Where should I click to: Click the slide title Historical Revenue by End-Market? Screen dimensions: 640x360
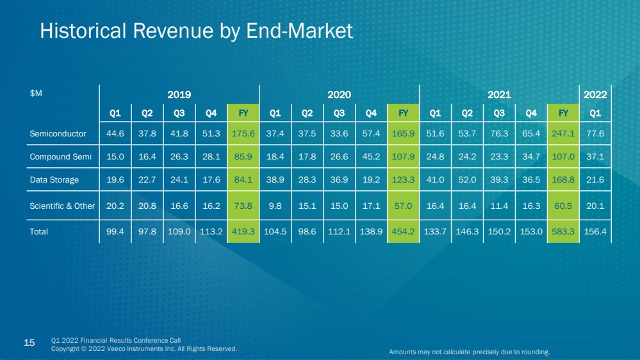point(196,31)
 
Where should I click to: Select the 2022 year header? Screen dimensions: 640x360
point(595,95)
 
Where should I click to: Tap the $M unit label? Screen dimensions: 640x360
point(36,94)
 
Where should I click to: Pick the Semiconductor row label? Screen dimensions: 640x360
point(58,133)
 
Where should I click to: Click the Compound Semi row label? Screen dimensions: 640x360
point(60,157)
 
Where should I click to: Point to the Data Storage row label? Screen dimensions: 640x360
point(54,180)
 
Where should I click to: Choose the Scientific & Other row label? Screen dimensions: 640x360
point(62,206)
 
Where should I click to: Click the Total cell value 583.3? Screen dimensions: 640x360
point(563,231)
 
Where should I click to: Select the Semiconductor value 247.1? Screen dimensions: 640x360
point(563,133)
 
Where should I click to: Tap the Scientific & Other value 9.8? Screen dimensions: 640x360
point(275,206)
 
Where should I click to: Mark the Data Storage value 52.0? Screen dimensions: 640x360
point(467,180)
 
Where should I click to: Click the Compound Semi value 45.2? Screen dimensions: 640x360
point(371,157)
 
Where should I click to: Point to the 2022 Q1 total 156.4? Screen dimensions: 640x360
point(595,231)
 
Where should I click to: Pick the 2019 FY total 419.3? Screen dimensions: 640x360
point(243,231)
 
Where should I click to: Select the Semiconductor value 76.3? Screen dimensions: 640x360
point(499,133)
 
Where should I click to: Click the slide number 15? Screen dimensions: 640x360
point(29,343)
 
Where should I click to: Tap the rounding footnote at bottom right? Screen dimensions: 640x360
point(470,352)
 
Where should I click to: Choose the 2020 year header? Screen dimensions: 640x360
point(339,95)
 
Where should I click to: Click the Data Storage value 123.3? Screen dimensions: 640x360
point(403,180)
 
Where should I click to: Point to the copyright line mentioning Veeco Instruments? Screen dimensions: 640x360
point(144,349)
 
